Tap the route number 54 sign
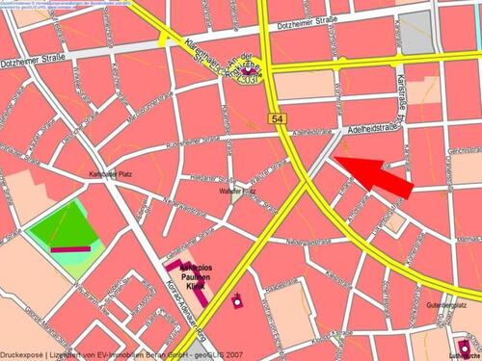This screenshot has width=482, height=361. click(276, 116)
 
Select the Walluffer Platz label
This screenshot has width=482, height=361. click(237, 193)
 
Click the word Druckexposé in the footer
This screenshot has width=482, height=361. click(22, 355)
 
